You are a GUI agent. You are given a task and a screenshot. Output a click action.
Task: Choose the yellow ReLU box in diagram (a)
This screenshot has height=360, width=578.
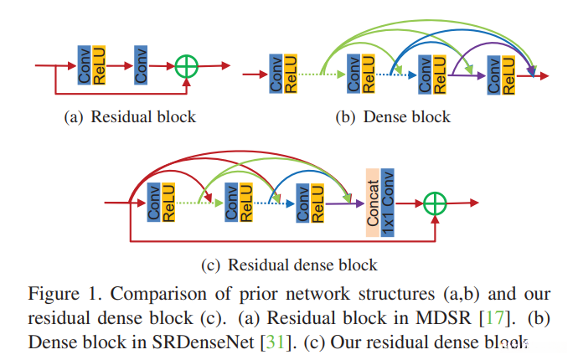pyautogui.click(x=98, y=64)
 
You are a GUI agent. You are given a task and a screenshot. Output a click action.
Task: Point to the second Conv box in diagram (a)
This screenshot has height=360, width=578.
pyautogui.click(x=142, y=64)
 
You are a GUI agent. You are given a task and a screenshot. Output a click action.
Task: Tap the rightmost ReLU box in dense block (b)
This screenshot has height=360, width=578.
pyautogui.click(x=507, y=75)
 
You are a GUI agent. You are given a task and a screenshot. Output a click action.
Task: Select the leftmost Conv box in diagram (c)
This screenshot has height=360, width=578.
pyautogui.click(x=153, y=202)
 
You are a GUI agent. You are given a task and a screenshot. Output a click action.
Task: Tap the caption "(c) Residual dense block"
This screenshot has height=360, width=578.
pyautogui.click(x=289, y=265)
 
